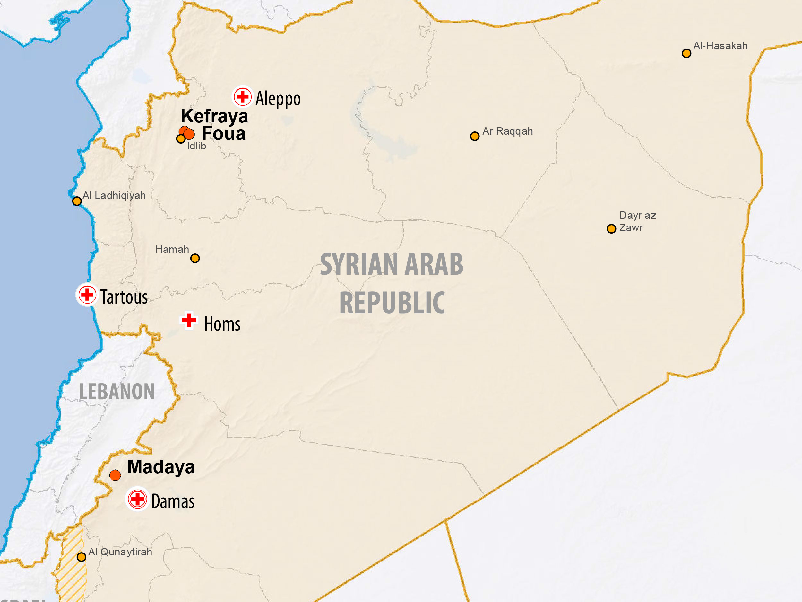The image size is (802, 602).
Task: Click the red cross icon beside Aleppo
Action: [x=243, y=97]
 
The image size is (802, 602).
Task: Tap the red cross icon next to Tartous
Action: [x=87, y=294]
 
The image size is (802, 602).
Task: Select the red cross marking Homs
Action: [x=189, y=320]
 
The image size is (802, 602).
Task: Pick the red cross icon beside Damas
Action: [x=137, y=499]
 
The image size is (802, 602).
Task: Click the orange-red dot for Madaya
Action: [x=115, y=475]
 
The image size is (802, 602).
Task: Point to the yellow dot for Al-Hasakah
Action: [x=686, y=54]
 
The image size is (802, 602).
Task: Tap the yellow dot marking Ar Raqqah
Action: [x=475, y=137]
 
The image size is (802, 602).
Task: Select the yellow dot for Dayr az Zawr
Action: [x=611, y=229]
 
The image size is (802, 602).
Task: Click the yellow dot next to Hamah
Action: [x=195, y=258]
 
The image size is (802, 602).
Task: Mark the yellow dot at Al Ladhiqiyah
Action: [x=77, y=201]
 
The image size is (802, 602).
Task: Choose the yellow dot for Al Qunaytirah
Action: [x=82, y=557]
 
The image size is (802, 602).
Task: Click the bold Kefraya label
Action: [x=214, y=116]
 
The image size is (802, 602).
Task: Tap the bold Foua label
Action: [x=223, y=134]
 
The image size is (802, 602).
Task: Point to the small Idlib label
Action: [x=196, y=146]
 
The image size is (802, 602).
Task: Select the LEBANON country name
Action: [x=117, y=392]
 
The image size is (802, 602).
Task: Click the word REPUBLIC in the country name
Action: [x=392, y=303]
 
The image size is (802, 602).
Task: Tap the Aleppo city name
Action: [x=278, y=99]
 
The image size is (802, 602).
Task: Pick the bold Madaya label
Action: [x=161, y=467]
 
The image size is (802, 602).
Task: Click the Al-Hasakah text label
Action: [x=720, y=46]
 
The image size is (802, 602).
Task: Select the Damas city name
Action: [x=173, y=501]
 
